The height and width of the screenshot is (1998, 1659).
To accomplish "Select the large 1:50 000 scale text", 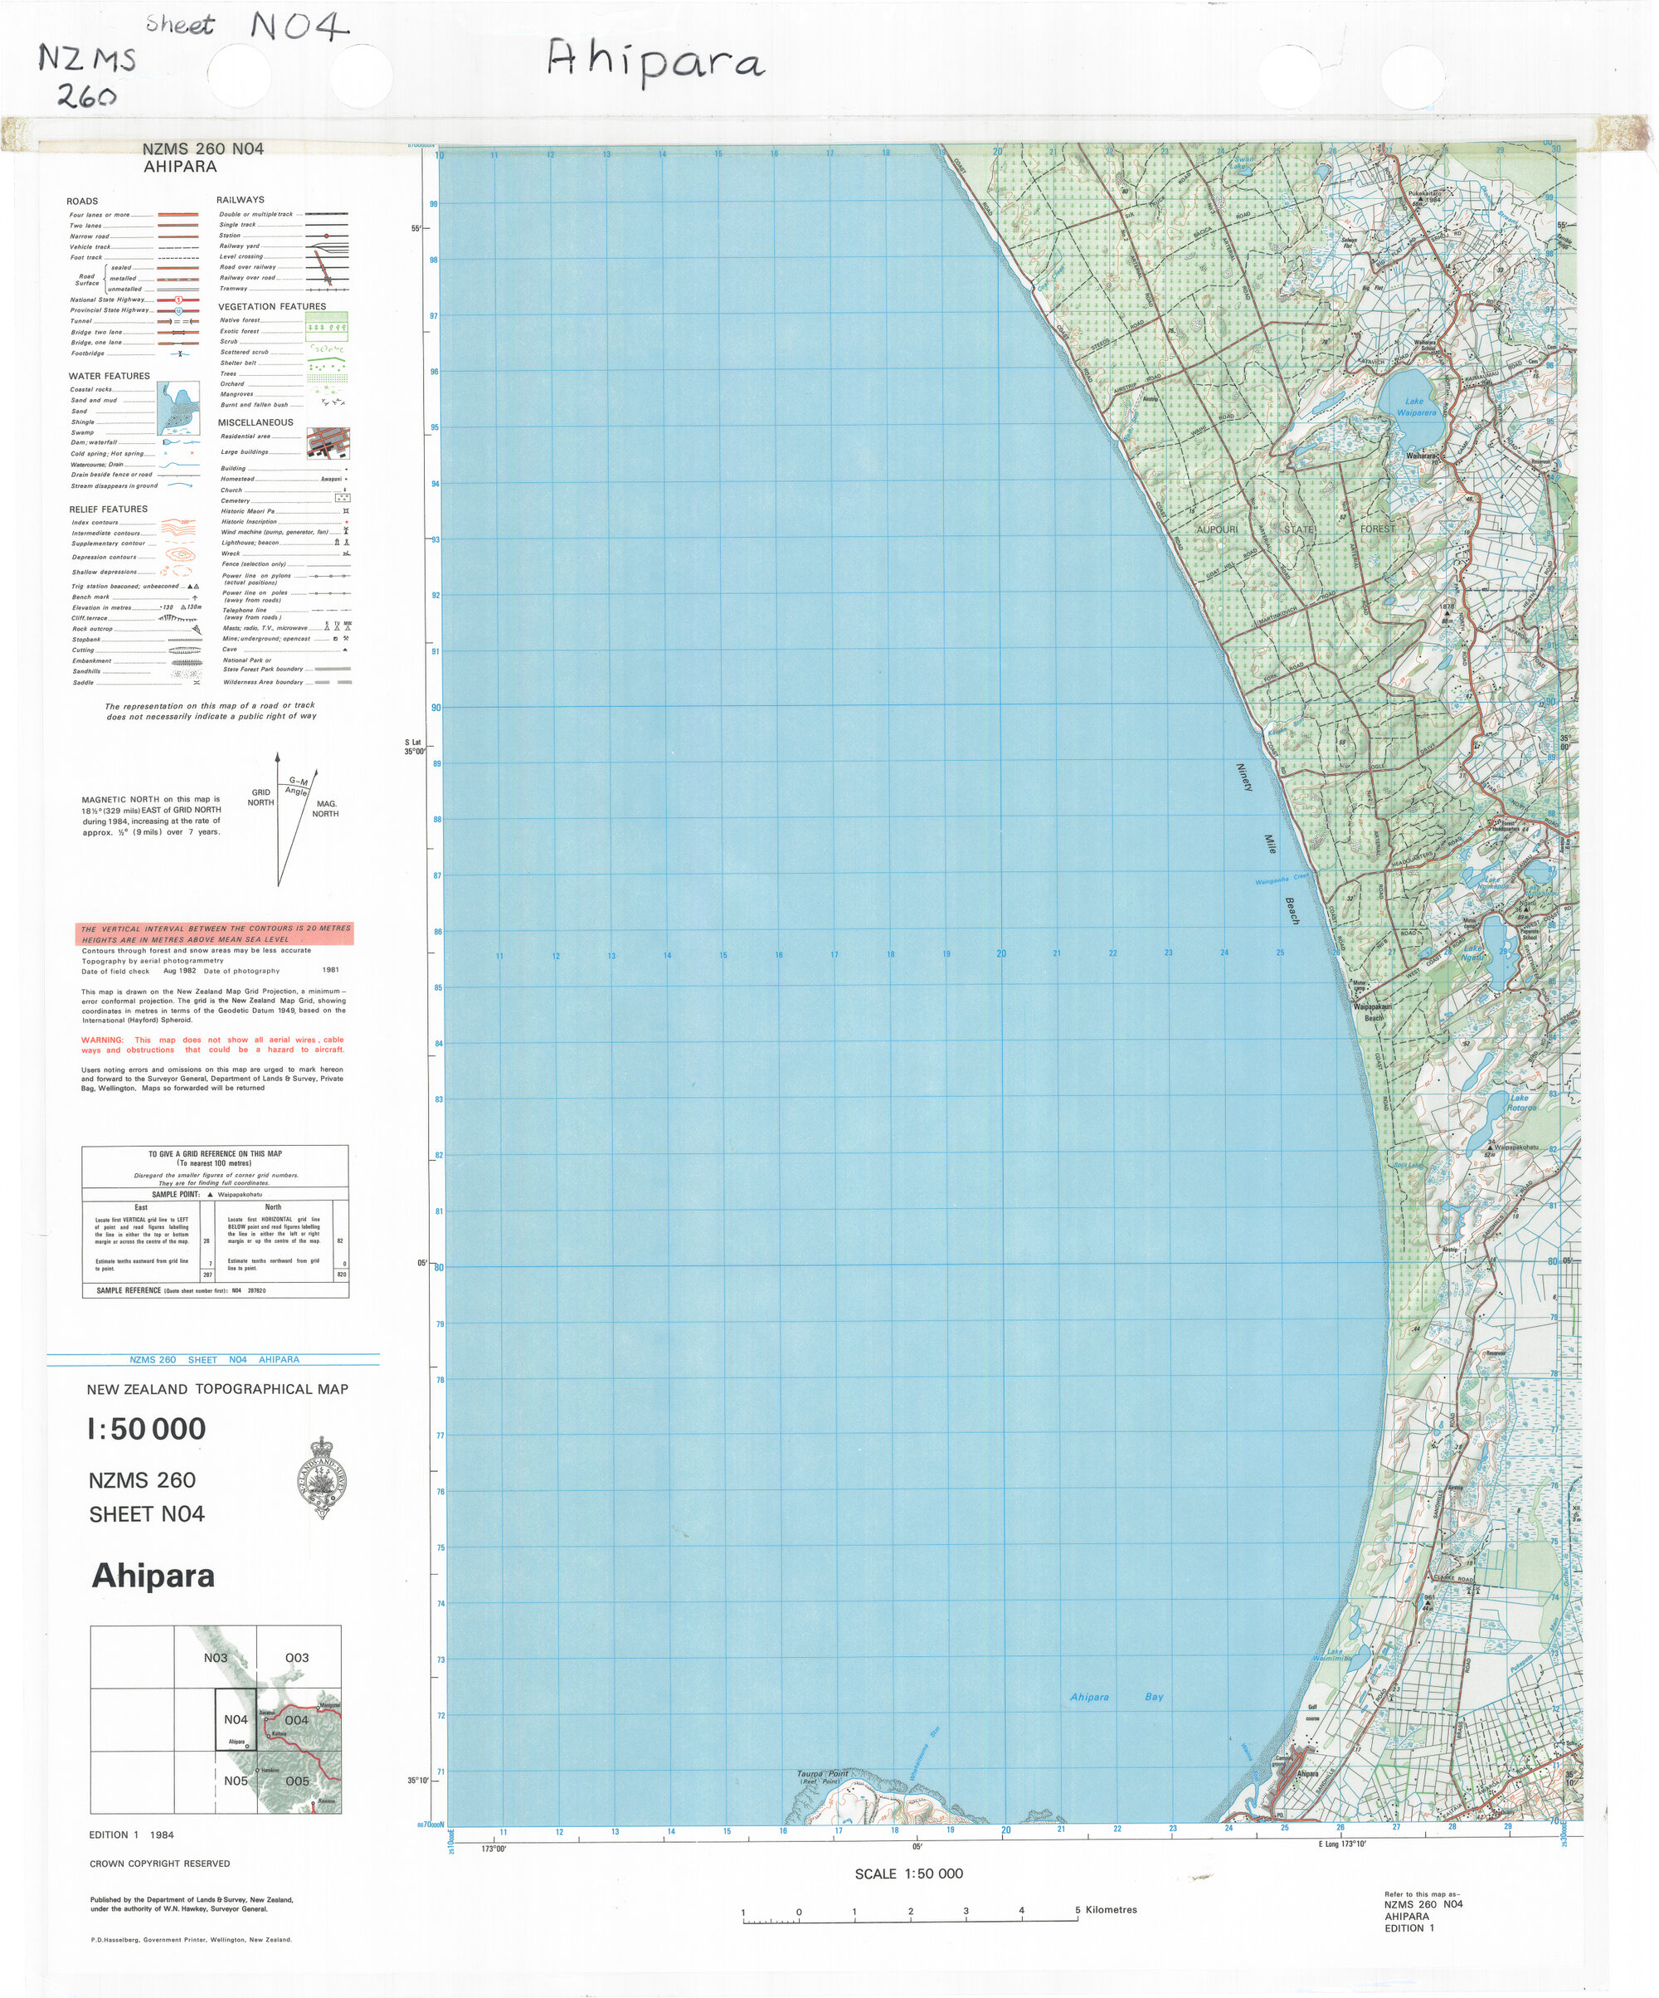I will pyautogui.click(x=147, y=1429).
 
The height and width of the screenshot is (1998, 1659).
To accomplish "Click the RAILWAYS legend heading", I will pyautogui.click(x=240, y=200).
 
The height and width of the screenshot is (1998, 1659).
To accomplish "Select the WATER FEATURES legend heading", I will pyautogui.click(x=109, y=376).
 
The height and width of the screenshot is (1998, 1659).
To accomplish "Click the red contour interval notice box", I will pyautogui.click(x=215, y=933).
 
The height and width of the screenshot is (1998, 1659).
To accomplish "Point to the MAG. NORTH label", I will pyautogui.click(x=325, y=809).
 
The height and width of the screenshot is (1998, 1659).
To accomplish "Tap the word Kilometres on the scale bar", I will pyautogui.click(x=1110, y=1909).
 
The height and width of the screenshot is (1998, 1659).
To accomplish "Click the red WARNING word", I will pyautogui.click(x=102, y=1040).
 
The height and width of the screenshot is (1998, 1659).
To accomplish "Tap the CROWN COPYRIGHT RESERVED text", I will pyautogui.click(x=160, y=1864).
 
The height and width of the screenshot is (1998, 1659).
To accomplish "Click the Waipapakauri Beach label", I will pyautogui.click(x=1373, y=1011).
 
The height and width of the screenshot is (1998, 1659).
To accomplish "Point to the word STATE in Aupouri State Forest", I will pyautogui.click(x=1300, y=529).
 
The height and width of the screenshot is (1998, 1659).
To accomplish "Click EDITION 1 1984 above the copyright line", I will pyautogui.click(x=131, y=1835).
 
